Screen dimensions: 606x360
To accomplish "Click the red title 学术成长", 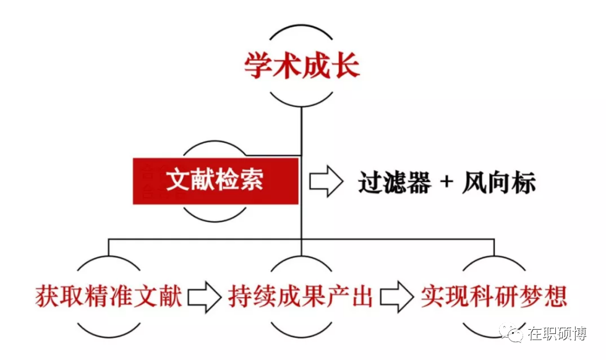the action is click(x=302, y=66).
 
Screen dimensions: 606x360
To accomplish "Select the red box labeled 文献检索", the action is click(x=216, y=181).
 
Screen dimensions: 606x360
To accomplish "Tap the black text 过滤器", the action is click(x=394, y=182).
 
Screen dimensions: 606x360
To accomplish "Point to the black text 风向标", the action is click(x=499, y=182).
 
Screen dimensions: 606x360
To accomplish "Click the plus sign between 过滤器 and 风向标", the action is click(x=446, y=181).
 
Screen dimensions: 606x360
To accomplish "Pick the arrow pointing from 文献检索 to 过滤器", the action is click(x=326, y=181).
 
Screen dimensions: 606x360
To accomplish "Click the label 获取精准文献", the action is click(x=109, y=296).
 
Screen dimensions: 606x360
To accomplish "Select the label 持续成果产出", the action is click(x=301, y=296).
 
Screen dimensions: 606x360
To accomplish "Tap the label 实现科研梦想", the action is click(x=494, y=296).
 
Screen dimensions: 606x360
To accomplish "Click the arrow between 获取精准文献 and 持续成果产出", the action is click(x=205, y=297).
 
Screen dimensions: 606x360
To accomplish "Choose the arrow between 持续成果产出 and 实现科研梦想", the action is click(x=397, y=297).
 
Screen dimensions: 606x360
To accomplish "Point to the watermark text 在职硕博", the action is click(x=557, y=333).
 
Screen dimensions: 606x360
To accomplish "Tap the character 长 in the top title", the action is click(x=346, y=66).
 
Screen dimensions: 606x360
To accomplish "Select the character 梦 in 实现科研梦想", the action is click(x=531, y=296).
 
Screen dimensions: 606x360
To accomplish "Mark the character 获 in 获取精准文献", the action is click(x=47, y=296).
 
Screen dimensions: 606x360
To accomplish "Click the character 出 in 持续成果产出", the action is click(x=362, y=296).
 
